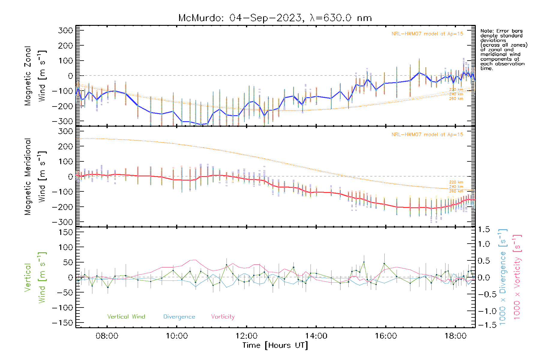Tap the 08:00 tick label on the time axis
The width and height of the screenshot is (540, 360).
(107, 336)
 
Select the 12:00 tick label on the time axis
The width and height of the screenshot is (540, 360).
(247, 336)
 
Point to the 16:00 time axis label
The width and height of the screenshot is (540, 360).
(386, 336)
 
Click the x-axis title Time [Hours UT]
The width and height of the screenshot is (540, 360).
(275, 345)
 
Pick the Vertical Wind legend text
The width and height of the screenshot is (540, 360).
(126, 317)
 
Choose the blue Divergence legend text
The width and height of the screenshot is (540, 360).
(179, 317)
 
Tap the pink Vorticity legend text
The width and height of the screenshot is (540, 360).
(223, 317)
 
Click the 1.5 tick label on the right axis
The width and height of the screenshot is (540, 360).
(484, 229)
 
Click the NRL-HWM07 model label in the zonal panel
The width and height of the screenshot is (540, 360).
(427, 34)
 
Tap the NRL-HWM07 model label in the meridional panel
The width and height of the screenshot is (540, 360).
(427, 135)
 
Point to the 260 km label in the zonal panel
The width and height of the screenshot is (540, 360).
(456, 99)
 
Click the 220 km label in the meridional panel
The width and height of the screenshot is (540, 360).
(456, 182)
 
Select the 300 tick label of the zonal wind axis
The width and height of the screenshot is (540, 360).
(65, 30)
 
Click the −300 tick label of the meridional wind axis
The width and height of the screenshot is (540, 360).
(62, 222)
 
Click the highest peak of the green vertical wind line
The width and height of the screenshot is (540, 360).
(364, 262)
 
